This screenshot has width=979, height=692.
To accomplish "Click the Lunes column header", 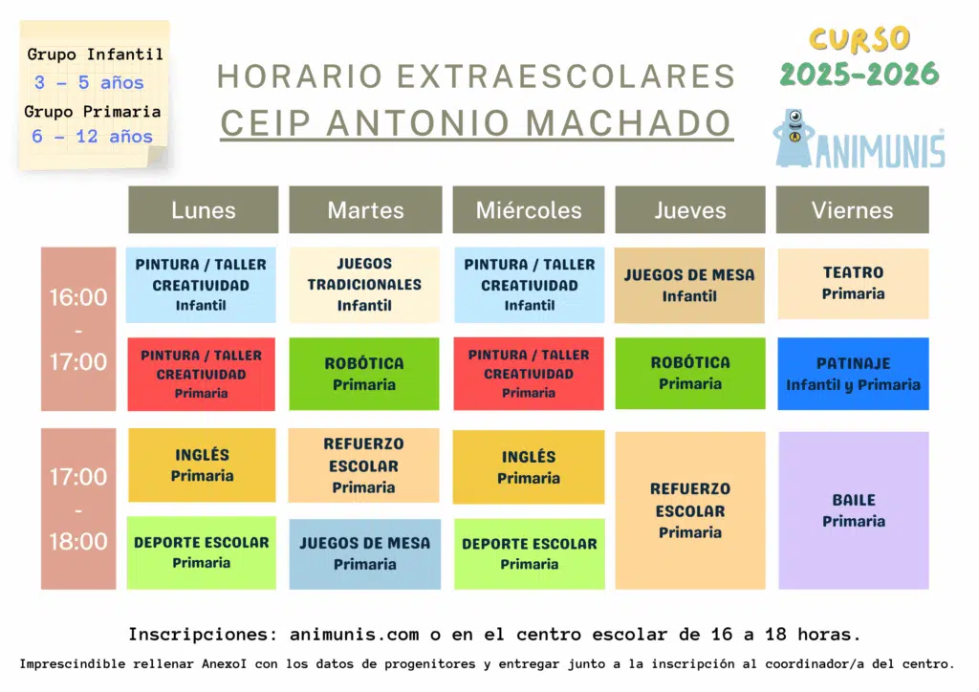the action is coord(204,209).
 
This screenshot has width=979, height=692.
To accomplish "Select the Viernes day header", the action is coord(852,209).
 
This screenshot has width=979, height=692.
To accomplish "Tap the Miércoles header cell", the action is coord(528,209).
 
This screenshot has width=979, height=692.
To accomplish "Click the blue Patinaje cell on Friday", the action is coord(853,374).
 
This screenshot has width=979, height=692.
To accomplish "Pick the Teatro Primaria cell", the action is coord(853,283).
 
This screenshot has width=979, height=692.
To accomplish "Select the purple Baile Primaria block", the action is coord(854,510).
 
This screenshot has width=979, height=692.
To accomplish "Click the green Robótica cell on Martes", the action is coord(364,374).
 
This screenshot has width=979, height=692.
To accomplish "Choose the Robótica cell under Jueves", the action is coord(690,373).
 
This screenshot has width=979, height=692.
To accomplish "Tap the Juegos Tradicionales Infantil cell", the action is coord(364,285).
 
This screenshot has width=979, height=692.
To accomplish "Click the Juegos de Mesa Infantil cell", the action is coord(689,285).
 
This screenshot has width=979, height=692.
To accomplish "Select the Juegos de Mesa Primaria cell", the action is coord(364,554).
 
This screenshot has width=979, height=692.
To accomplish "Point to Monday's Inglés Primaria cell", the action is coord(202,465).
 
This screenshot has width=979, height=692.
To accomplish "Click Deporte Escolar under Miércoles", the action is coord(530,553).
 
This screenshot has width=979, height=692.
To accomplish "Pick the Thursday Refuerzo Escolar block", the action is coord(690,510).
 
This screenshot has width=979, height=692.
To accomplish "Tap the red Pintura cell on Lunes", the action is coord(201,374).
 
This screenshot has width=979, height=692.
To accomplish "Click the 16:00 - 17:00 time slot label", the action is coord(78,329).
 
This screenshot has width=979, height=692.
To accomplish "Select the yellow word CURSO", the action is coord(859,38).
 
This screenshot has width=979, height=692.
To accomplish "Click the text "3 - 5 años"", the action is coord(89,82).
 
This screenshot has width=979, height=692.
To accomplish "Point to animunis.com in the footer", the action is coord(354,635).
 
